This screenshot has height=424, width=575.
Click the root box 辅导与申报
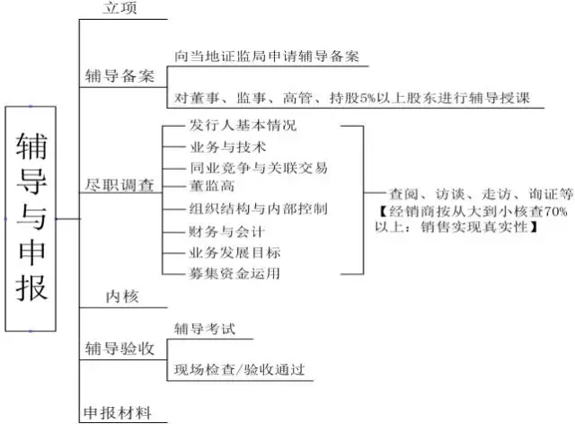pos(31,218)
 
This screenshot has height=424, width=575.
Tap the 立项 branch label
pos(119,8)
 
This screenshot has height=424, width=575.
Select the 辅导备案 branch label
pos(119,76)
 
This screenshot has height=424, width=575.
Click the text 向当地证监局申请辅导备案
pos(266,56)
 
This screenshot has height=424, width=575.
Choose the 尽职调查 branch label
pos(119,185)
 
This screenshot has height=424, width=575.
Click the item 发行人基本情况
pos(243,125)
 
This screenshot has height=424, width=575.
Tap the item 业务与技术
pos(227,146)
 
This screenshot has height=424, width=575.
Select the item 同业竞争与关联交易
pos(259,168)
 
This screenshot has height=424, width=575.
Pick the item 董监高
pos(212,186)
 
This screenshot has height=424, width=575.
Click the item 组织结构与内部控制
pos(258,208)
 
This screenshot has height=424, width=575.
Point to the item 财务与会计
pos(227,232)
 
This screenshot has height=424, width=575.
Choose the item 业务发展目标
pos(234,252)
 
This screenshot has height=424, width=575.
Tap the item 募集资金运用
pos(234,273)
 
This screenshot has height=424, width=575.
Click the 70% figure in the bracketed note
pos(555,212)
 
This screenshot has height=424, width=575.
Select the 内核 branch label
pos(122,296)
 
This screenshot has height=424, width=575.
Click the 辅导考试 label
pos(205,329)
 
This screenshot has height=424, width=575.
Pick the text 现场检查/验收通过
pos(240,369)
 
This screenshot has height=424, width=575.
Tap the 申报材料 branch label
pos(118,413)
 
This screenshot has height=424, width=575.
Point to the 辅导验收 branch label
pos(119,349)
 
